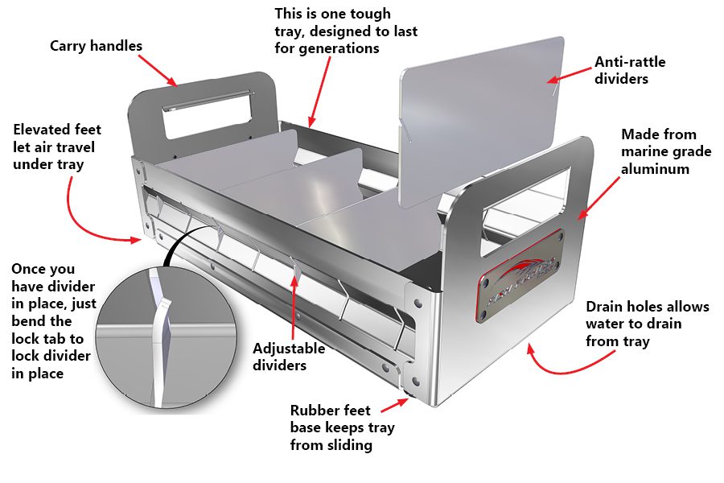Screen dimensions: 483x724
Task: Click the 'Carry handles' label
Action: point(96,46)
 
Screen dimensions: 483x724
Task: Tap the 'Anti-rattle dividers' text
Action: point(630,70)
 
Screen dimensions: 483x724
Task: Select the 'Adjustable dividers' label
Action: point(289,357)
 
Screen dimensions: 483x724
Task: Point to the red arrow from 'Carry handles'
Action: point(160,70)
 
